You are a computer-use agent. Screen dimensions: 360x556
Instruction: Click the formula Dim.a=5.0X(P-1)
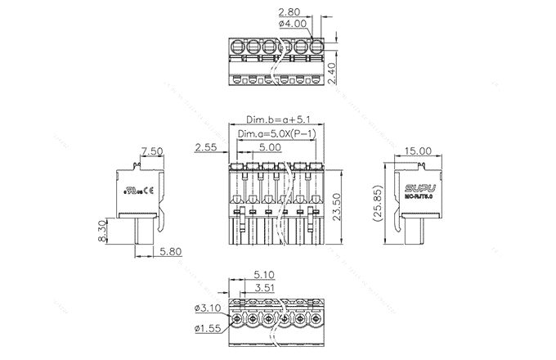point(276,133)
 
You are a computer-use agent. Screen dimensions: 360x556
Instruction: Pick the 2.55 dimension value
point(206,148)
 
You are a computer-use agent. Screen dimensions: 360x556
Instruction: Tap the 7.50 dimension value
point(152,151)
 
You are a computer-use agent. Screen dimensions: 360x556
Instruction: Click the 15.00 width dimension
point(419,151)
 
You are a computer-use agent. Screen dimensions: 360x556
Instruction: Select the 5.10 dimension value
point(263,275)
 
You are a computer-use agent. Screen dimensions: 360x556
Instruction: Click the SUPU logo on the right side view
point(420,187)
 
